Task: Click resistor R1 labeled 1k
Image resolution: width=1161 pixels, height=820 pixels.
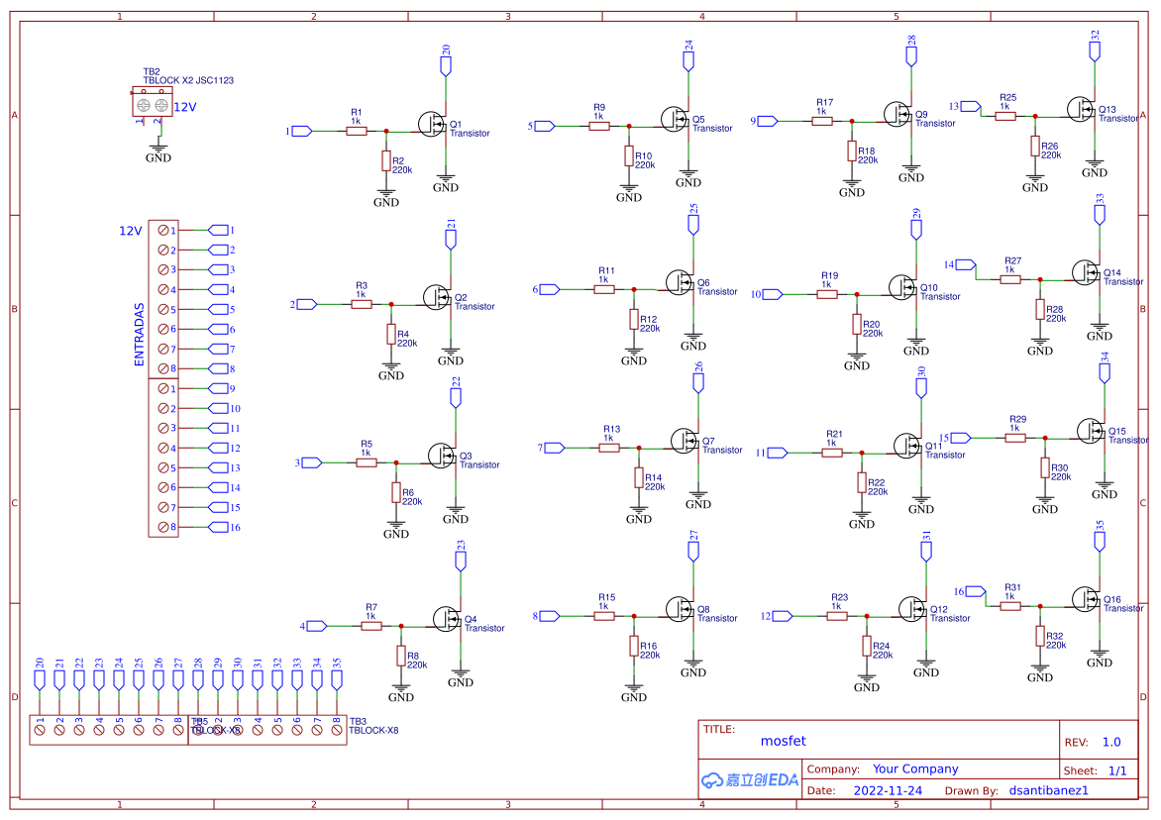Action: pyautogui.click(x=357, y=131)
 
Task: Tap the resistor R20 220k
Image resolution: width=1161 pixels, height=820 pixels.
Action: pyautogui.click(x=857, y=324)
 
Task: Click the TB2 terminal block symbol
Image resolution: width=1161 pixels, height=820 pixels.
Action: pyautogui.click(x=152, y=104)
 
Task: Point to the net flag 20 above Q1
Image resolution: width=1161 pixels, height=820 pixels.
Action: pyautogui.click(x=446, y=65)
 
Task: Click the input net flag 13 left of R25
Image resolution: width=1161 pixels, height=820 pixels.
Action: pyautogui.click(x=971, y=106)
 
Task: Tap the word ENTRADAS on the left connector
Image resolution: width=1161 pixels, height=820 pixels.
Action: pyautogui.click(x=140, y=335)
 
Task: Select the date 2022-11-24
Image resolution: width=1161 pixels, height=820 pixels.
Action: pyautogui.click(x=887, y=790)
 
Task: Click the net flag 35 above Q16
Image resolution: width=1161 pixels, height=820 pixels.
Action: pyautogui.click(x=1100, y=541)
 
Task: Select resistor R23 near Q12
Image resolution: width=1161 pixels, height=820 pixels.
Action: pyautogui.click(x=837, y=616)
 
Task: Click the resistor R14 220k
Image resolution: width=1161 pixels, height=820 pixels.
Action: pyautogui.click(x=639, y=477)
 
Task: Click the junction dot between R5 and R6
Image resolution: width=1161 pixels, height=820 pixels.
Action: pyautogui.click(x=396, y=462)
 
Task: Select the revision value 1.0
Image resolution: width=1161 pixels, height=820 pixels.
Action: pyautogui.click(x=1111, y=742)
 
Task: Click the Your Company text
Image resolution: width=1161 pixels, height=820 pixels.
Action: pyautogui.click(x=915, y=769)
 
